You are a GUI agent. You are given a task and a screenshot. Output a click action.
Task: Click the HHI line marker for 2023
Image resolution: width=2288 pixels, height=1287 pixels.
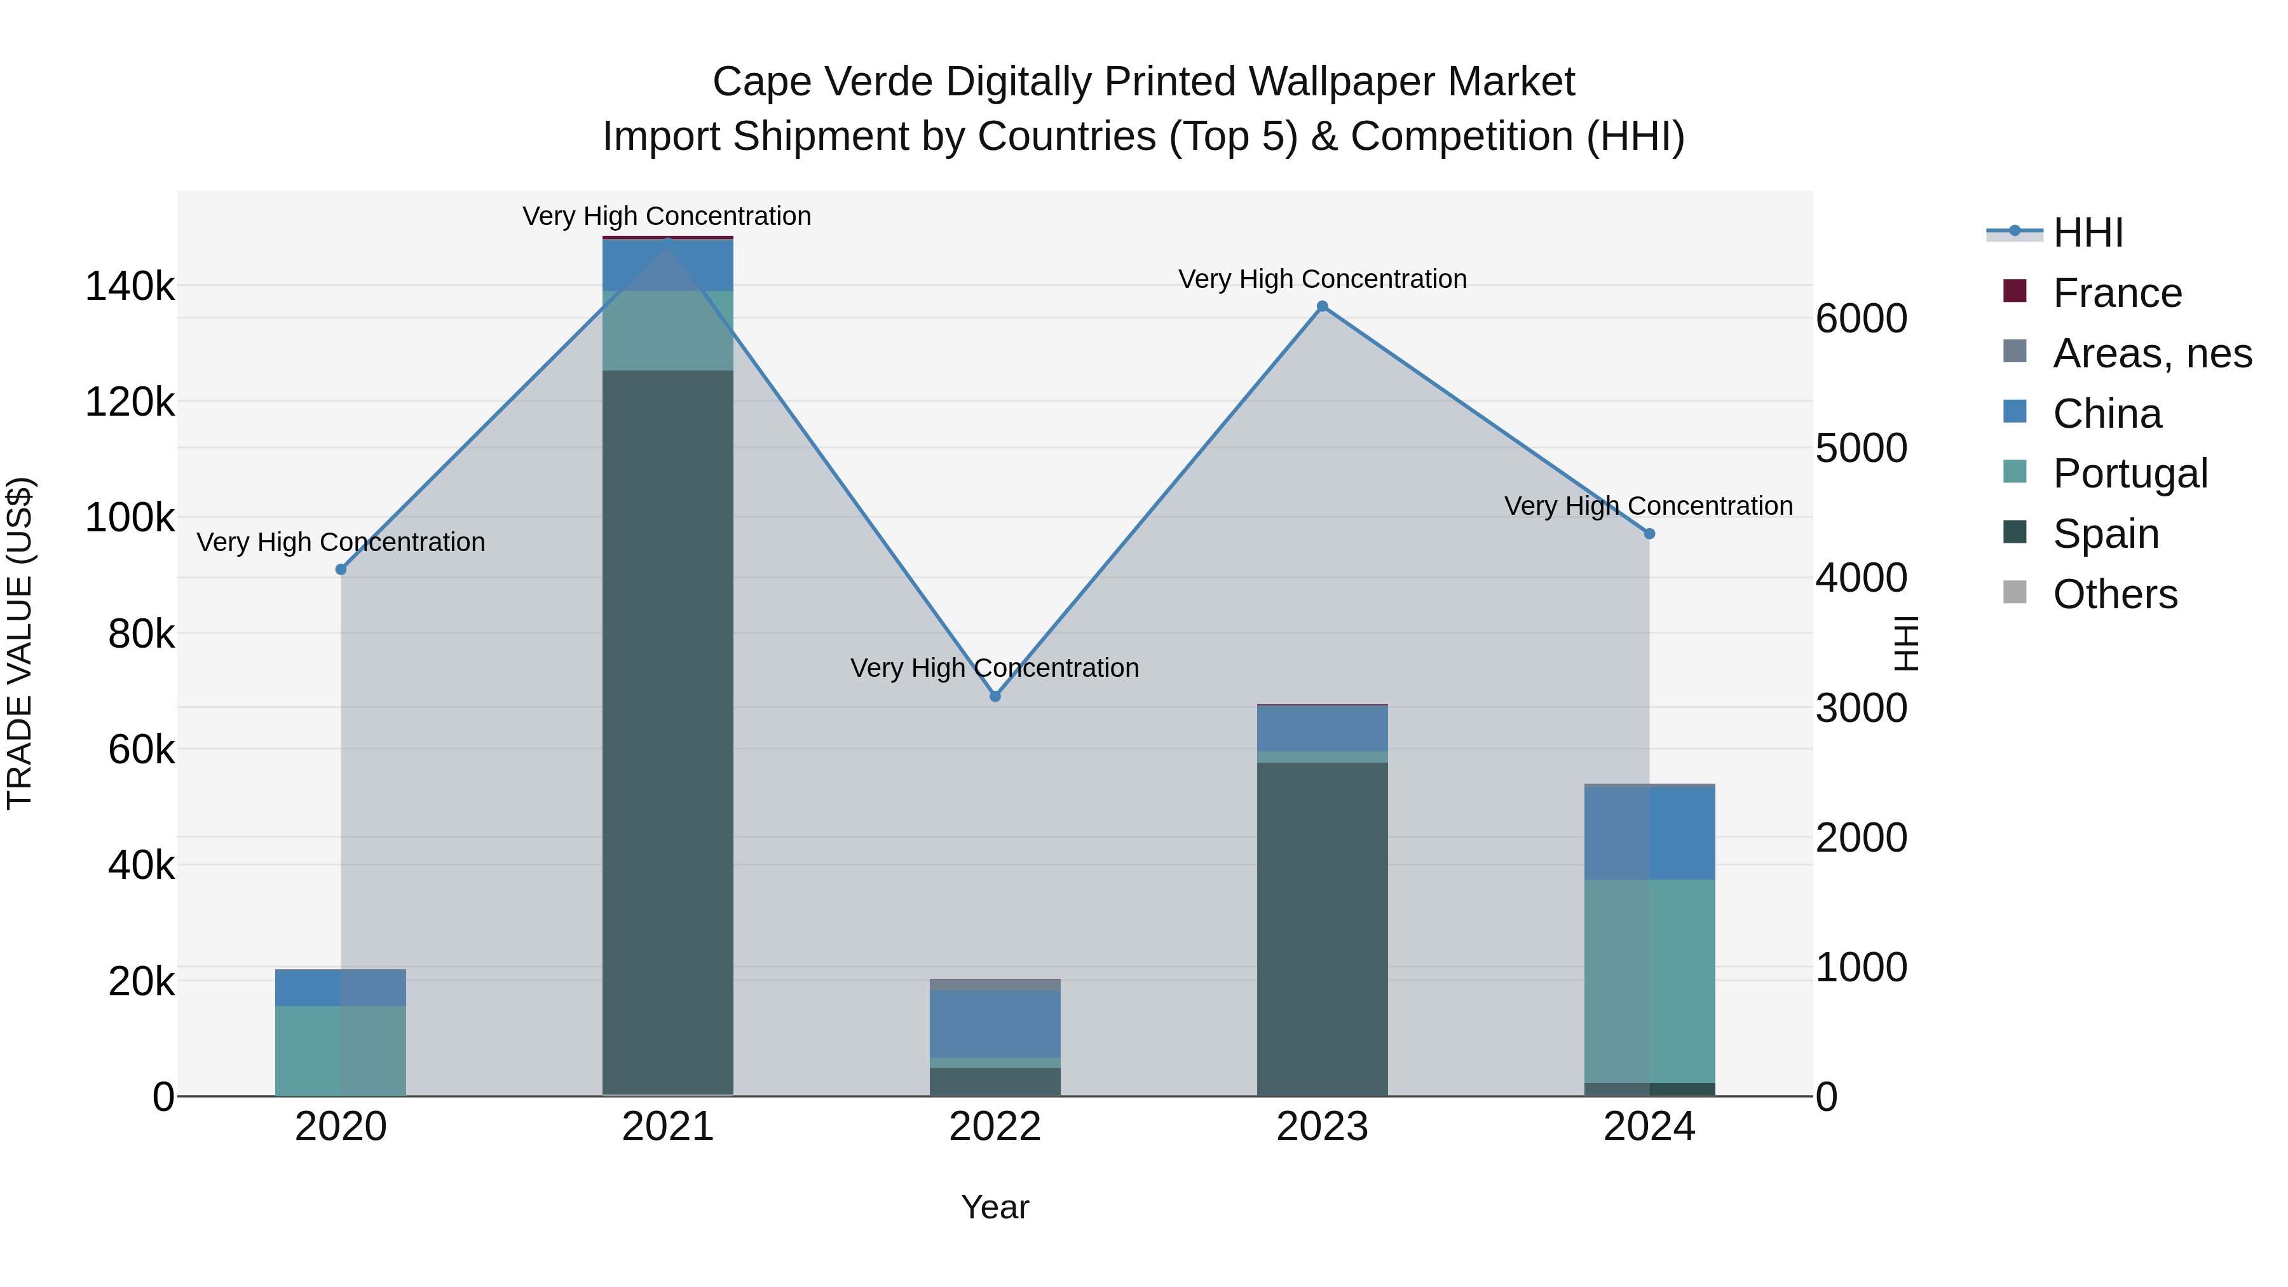pyautogui.click(x=1322, y=306)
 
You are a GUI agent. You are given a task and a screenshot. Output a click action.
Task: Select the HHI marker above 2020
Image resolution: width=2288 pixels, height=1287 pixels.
pyautogui.click(x=341, y=569)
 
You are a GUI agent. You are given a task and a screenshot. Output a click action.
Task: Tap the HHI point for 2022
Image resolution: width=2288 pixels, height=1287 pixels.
pyautogui.click(x=995, y=697)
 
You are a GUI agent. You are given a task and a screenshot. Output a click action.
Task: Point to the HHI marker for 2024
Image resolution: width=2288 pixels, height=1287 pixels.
pyautogui.click(x=1649, y=534)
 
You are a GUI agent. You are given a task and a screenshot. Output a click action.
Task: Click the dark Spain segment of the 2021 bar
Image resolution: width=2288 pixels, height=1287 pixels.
pyautogui.click(x=668, y=728)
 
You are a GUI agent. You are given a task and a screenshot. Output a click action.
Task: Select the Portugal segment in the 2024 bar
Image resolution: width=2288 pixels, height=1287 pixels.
pyautogui.click(x=1649, y=981)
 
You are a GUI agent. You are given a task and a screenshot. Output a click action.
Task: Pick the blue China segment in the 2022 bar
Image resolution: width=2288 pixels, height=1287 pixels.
pyautogui.click(x=995, y=1024)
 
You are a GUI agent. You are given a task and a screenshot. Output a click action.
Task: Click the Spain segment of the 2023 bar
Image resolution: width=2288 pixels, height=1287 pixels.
pyautogui.click(x=1322, y=928)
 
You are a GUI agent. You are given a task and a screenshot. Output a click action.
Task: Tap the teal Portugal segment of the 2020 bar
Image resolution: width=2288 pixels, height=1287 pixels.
pyautogui.click(x=341, y=1051)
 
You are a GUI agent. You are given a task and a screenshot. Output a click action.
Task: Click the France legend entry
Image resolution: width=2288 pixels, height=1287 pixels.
pyautogui.click(x=2116, y=293)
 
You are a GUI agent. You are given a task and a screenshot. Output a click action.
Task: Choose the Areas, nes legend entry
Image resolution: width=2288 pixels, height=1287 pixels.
pyautogui.click(x=2151, y=353)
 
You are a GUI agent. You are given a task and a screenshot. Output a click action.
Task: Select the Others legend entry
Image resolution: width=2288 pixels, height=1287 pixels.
pyautogui.click(x=2114, y=594)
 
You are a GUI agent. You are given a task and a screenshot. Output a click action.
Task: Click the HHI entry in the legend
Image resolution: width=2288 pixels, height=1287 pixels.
pyautogui.click(x=2087, y=233)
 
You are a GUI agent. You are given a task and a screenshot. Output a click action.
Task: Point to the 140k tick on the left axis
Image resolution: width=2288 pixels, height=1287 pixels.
pyautogui.click(x=130, y=287)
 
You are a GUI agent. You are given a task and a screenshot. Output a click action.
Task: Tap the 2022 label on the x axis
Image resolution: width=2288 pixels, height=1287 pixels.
pyautogui.click(x=995, y=1127)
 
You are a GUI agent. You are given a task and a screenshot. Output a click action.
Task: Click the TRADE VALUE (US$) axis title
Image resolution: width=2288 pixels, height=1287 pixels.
pyautogui.click(x=20, y=643)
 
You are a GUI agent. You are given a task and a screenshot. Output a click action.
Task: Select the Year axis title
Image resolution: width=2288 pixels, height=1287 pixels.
pyautogui.click(x=995, y=1207)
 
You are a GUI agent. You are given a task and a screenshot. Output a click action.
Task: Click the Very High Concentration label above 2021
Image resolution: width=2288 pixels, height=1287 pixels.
pyautogui.click(x=667, y=216)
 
